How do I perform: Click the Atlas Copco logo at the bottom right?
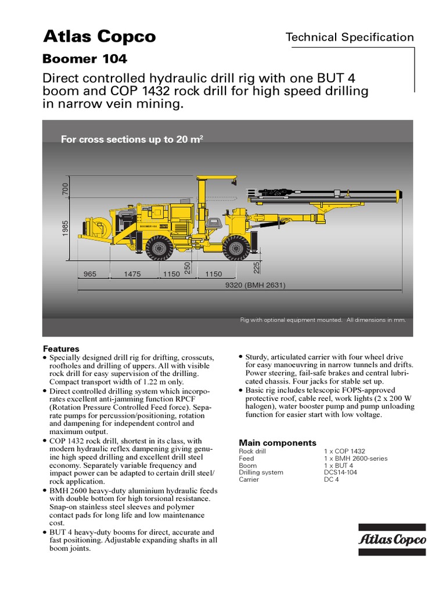393,539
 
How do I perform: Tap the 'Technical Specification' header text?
350,38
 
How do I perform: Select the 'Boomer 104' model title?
85,59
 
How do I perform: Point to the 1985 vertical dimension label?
66,228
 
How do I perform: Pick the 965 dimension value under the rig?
90,274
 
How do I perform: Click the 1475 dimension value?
132,274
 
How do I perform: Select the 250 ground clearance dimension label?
188,267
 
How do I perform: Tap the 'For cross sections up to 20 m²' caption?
132,139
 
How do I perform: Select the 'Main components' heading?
278,443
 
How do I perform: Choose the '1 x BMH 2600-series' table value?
355,458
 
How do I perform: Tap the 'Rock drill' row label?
253,451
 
